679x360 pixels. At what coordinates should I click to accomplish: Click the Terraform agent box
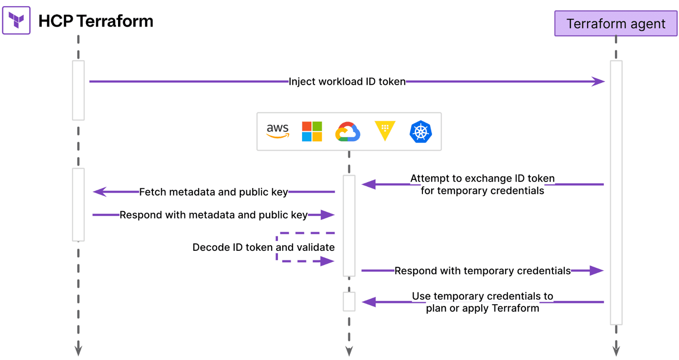615,24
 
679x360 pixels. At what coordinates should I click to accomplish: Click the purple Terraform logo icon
16,20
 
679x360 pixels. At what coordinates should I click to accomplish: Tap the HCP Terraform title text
96,21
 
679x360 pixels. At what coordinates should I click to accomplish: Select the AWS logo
278,131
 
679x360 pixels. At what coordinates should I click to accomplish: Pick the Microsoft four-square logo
312,131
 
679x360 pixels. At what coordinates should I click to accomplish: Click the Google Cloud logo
348,132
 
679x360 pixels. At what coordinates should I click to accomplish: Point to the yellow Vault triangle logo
385,130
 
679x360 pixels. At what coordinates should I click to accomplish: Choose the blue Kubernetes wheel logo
421,132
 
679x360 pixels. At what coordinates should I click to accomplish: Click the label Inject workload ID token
347,82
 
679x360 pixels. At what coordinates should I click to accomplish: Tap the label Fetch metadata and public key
213,192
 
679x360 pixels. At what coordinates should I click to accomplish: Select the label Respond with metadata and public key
213,215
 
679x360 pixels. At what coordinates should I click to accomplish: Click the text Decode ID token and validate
263,247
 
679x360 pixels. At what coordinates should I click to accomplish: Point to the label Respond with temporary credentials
483,270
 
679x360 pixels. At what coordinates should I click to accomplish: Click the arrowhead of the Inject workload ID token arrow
598,82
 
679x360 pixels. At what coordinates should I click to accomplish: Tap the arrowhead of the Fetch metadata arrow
99,192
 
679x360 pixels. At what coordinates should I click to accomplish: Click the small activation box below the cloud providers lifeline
349,302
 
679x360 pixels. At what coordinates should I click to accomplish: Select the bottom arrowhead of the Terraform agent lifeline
616,348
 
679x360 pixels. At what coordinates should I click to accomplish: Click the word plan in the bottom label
437,308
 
